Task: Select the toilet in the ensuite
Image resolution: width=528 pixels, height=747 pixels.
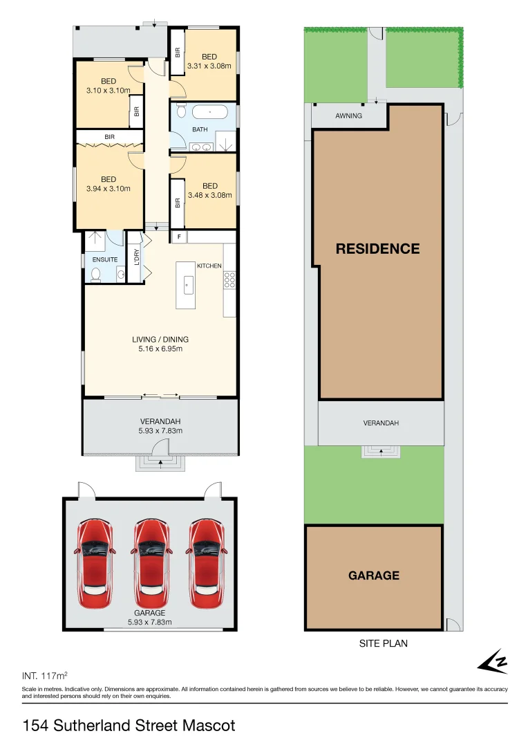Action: point(96,275)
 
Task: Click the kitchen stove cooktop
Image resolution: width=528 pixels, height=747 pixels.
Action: point(229,279)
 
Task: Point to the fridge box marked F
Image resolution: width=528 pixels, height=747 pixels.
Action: point(179,237)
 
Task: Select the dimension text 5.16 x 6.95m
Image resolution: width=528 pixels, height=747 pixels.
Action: point(160,349)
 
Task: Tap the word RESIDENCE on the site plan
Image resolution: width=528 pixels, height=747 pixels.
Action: point(377,248)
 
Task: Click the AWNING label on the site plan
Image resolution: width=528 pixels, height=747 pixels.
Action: point(348,116)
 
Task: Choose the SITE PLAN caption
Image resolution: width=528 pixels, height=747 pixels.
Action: point(383,643)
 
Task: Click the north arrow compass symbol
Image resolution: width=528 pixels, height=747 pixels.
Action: point(493,662)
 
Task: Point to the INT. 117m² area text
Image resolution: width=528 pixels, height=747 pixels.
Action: point(45,674)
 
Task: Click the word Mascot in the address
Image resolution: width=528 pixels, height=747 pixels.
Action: point(209,726)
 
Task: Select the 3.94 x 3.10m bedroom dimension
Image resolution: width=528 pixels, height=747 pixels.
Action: point(109,188)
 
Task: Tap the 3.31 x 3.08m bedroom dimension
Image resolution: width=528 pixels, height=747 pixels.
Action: point(209,66)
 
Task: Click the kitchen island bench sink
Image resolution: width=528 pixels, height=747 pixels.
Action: point(186,284)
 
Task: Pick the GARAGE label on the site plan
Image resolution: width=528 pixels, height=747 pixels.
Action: point(374,575)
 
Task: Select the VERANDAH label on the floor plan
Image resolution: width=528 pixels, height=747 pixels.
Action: point(160,421)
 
